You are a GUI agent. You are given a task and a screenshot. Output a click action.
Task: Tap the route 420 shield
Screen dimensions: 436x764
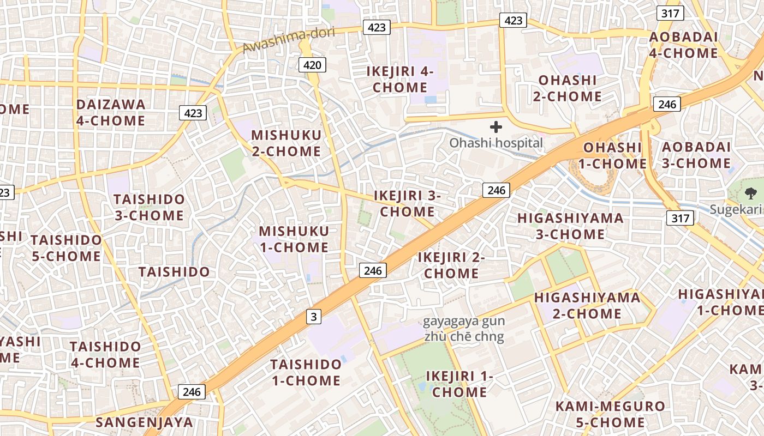tap(312, 65)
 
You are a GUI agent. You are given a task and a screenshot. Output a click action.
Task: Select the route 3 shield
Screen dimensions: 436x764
tap(313, 316)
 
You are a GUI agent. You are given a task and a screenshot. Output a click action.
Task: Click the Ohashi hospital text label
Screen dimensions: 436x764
tap(496, 143)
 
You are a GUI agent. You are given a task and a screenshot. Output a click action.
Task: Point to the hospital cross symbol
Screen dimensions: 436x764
tap(496, 128)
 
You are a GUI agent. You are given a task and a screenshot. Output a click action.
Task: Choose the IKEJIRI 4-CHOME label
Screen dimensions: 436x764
tap(400, 79)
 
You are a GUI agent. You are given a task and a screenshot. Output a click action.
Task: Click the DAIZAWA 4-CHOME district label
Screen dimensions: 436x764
tap(111, 112)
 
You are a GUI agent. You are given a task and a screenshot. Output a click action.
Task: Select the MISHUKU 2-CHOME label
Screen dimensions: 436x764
tap(286, 143)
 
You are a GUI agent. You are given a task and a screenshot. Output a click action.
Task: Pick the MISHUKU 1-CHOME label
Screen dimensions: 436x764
tap(294, 239)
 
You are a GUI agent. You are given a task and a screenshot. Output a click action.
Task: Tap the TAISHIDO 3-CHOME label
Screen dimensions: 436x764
tap(149, 207)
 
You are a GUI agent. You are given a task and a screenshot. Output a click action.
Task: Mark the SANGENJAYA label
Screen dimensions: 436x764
tap(145, 422)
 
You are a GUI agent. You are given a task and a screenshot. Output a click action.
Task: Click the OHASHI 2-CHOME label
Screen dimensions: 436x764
tap(568, 88)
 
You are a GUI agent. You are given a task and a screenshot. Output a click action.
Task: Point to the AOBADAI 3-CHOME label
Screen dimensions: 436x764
tap(696, 155)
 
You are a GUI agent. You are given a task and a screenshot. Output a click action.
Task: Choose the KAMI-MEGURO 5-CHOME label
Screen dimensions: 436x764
tap(610, 414)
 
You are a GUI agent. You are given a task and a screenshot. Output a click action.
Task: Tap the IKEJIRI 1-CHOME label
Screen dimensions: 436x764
tap(459, 384)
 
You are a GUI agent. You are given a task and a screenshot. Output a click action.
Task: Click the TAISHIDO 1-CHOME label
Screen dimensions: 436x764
tap(306, 372)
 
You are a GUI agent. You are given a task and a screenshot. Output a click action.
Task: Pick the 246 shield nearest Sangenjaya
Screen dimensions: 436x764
tap(192, 391)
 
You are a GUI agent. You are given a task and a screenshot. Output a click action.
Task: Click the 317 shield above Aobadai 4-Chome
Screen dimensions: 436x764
tap(670, 14)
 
